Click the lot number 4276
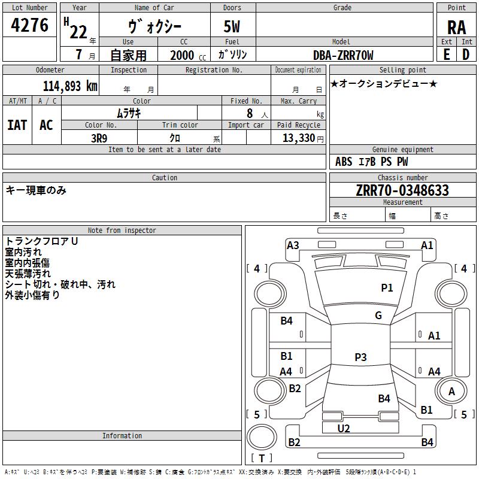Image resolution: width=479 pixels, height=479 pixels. point(30,26)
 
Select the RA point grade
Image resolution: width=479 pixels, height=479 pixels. point(456,28)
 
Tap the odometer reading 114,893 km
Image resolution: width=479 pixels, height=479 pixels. point(69,86)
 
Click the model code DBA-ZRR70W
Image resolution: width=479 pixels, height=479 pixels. point(343,55)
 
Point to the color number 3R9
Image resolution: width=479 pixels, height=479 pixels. point(99,138)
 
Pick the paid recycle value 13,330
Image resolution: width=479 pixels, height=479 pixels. point(298,138)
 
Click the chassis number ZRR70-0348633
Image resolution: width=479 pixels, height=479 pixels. point(402,190)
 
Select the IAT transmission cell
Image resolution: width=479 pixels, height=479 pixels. point(17,125)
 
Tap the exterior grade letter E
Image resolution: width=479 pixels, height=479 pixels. point(447,54)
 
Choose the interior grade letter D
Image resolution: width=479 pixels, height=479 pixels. point(466,54)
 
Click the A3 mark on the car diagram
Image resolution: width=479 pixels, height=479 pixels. point(293,245)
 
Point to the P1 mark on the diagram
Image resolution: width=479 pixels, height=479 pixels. point(387,288)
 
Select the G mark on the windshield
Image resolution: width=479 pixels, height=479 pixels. point(378,316)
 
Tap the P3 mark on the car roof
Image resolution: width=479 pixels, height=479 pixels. point(360,357)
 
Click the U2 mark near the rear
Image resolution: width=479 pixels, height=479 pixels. point(344,429)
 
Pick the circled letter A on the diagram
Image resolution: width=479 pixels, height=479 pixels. point(452,392)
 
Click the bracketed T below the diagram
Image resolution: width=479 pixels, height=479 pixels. point(262,458)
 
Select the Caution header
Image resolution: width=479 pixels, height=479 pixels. point(164,178)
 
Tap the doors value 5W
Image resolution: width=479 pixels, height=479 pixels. point(232,27)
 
